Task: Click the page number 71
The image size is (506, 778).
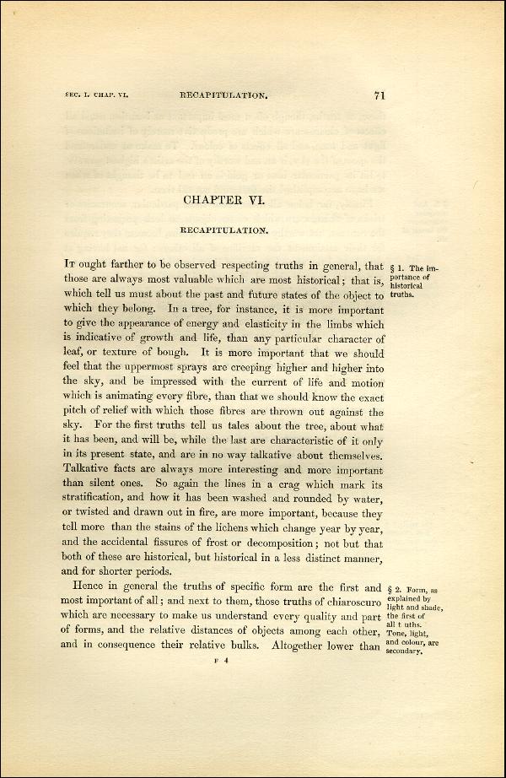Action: [379, 95]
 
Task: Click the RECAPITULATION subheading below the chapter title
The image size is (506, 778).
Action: [224, 230]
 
